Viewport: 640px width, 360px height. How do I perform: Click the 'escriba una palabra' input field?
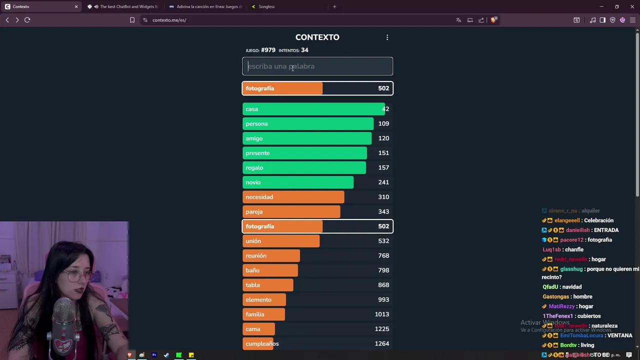click(317, 66)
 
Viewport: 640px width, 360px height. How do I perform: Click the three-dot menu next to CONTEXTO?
click(387, 37)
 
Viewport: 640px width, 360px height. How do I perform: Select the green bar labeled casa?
click(313, 109)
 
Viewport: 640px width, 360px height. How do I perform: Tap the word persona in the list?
click(256, 123)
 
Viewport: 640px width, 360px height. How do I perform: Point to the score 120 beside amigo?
click(383, 138)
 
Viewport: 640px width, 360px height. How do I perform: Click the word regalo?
click(254, 167)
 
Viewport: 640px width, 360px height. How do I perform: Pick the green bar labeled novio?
click(298, 182)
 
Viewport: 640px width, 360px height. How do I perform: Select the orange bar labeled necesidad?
click(293, 197)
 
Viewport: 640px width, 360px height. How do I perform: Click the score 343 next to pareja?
click(383, 211)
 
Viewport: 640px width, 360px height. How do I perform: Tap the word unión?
click(253, 241)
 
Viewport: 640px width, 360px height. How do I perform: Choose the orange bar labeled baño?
click(270, 270)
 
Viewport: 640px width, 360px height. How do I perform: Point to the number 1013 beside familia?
click(382, 314)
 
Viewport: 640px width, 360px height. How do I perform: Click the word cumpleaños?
click(262, 344)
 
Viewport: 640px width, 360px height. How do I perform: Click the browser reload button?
click(27, 20)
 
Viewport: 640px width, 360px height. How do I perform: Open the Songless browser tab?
click(266, 6)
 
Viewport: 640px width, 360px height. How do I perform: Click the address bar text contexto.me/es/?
click(169, 20)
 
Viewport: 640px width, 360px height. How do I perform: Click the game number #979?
click(268, 50)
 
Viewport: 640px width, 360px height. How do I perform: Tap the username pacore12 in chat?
click(571, 240)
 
